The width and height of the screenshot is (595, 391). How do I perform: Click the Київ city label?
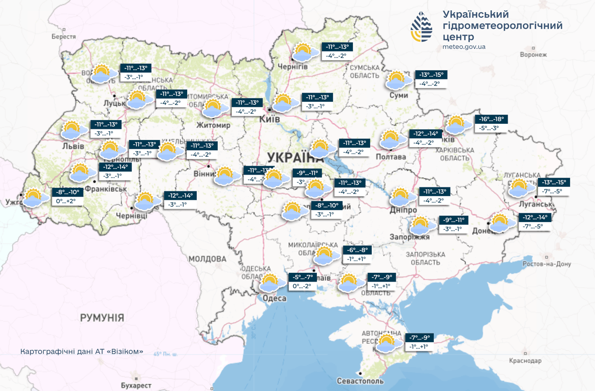[x=270, y=119]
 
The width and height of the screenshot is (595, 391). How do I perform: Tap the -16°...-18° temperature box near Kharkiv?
[x=492, y=120]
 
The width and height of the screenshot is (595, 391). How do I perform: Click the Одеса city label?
[x=273, y=298]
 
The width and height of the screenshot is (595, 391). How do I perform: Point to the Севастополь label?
[x=360, y=381]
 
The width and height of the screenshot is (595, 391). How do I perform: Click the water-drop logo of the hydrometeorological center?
[x=422, y=26]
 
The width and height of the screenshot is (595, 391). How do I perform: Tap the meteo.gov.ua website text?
[x=464, y=47]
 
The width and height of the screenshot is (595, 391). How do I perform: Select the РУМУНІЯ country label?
[x=102, y=318]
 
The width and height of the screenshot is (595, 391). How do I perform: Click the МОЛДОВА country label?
[x=207, y=259]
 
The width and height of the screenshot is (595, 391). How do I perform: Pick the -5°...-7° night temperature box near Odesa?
[x=303, y=277]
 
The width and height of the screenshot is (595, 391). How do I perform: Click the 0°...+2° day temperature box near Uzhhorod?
[x=67, y=201]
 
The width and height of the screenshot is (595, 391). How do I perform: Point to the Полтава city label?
[x=391, y=157]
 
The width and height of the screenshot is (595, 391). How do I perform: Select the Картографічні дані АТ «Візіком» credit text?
[x=82, y=352]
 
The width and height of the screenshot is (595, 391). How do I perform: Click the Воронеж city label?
[x=533, y=54]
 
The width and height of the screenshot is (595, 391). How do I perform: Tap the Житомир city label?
[x=214, y=125]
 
